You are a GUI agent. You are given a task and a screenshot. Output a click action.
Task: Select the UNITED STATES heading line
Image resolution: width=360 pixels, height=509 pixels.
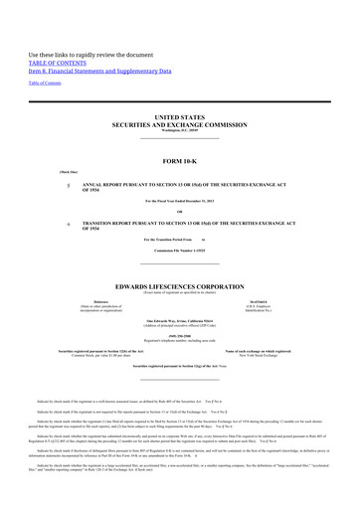tap(179, 116)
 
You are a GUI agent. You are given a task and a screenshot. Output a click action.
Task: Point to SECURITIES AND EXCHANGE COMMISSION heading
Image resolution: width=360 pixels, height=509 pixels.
tap(179, 124)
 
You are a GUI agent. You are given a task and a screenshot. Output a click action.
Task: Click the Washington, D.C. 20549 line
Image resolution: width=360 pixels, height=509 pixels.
tap(179, 131)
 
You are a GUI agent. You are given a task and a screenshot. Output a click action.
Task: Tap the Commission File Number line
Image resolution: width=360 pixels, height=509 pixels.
tap(179, 249)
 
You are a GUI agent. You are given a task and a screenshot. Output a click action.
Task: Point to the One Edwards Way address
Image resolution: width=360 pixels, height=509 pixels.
tap(179, 320)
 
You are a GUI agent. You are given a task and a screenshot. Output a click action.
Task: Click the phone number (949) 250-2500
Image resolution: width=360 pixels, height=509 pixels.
tap(179, 335)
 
